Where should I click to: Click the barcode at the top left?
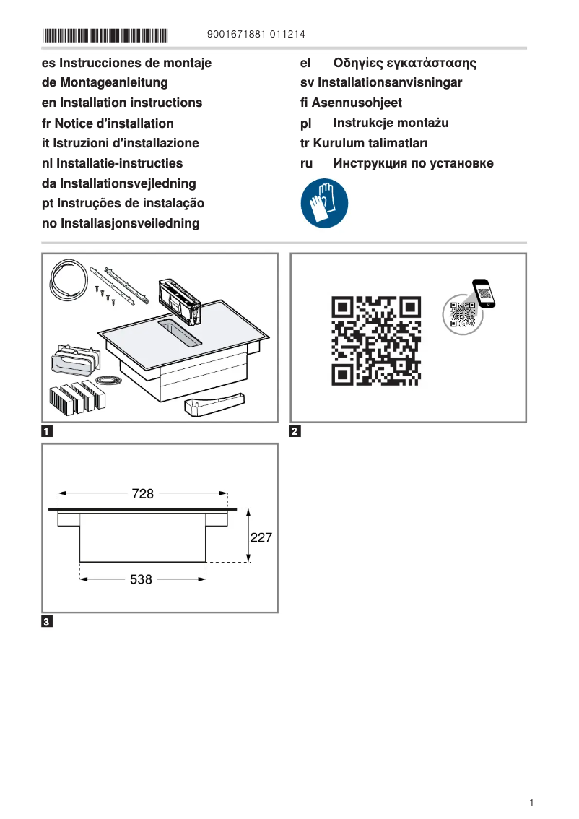pos(105,35)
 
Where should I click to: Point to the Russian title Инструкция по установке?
pos(413,163)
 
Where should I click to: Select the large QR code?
pos(375,340)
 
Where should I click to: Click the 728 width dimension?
pos(143,493)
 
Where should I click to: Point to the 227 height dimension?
pos(261,537)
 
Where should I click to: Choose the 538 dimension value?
pos(141,578)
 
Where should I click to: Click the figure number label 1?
pos(47,433)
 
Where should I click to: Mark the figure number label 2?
pos(295,433)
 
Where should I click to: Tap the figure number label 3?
pos(47,622)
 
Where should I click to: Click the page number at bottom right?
pos(531,802)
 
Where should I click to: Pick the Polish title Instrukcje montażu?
pos(391,123)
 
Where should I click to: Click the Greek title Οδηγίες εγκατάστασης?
pos(404,63)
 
